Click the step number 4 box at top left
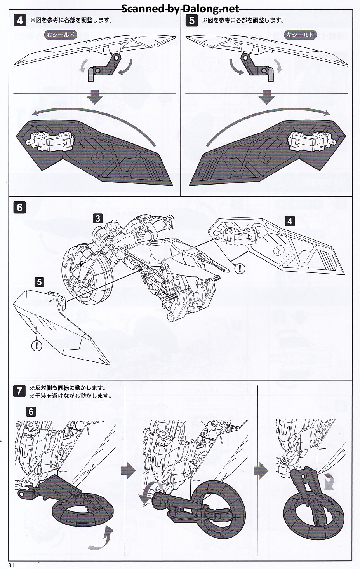pos(20,20)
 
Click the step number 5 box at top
pos(191,20)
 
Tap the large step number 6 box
pos(20,208)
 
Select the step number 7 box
pos(20,391)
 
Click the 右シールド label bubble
pos(60,35)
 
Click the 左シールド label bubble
pos(300,35)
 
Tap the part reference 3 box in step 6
pos(97,218)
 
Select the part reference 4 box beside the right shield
pos(289,221)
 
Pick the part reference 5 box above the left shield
pos(39,281)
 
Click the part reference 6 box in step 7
pos(31,411)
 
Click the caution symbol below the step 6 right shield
pos(242,268)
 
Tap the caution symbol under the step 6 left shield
pos(37,345)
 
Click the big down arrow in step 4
pos(94,97)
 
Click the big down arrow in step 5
pos(266,97)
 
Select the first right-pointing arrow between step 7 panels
pos(129,471)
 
